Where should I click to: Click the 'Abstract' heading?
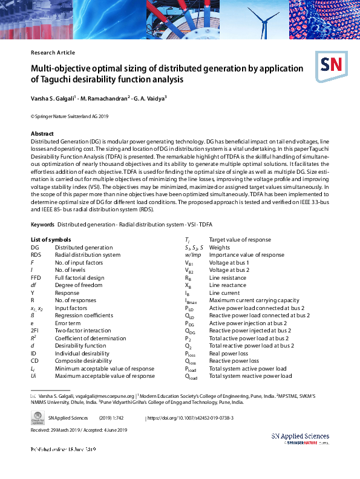coord(42,133)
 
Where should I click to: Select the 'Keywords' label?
coord(43,225)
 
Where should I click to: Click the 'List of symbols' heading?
coord(51,240)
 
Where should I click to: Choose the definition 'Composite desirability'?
coord(83,361)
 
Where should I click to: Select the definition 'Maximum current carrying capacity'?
coord(254,300)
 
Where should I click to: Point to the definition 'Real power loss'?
coord(229,353)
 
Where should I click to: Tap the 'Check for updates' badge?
coord(38,418)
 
